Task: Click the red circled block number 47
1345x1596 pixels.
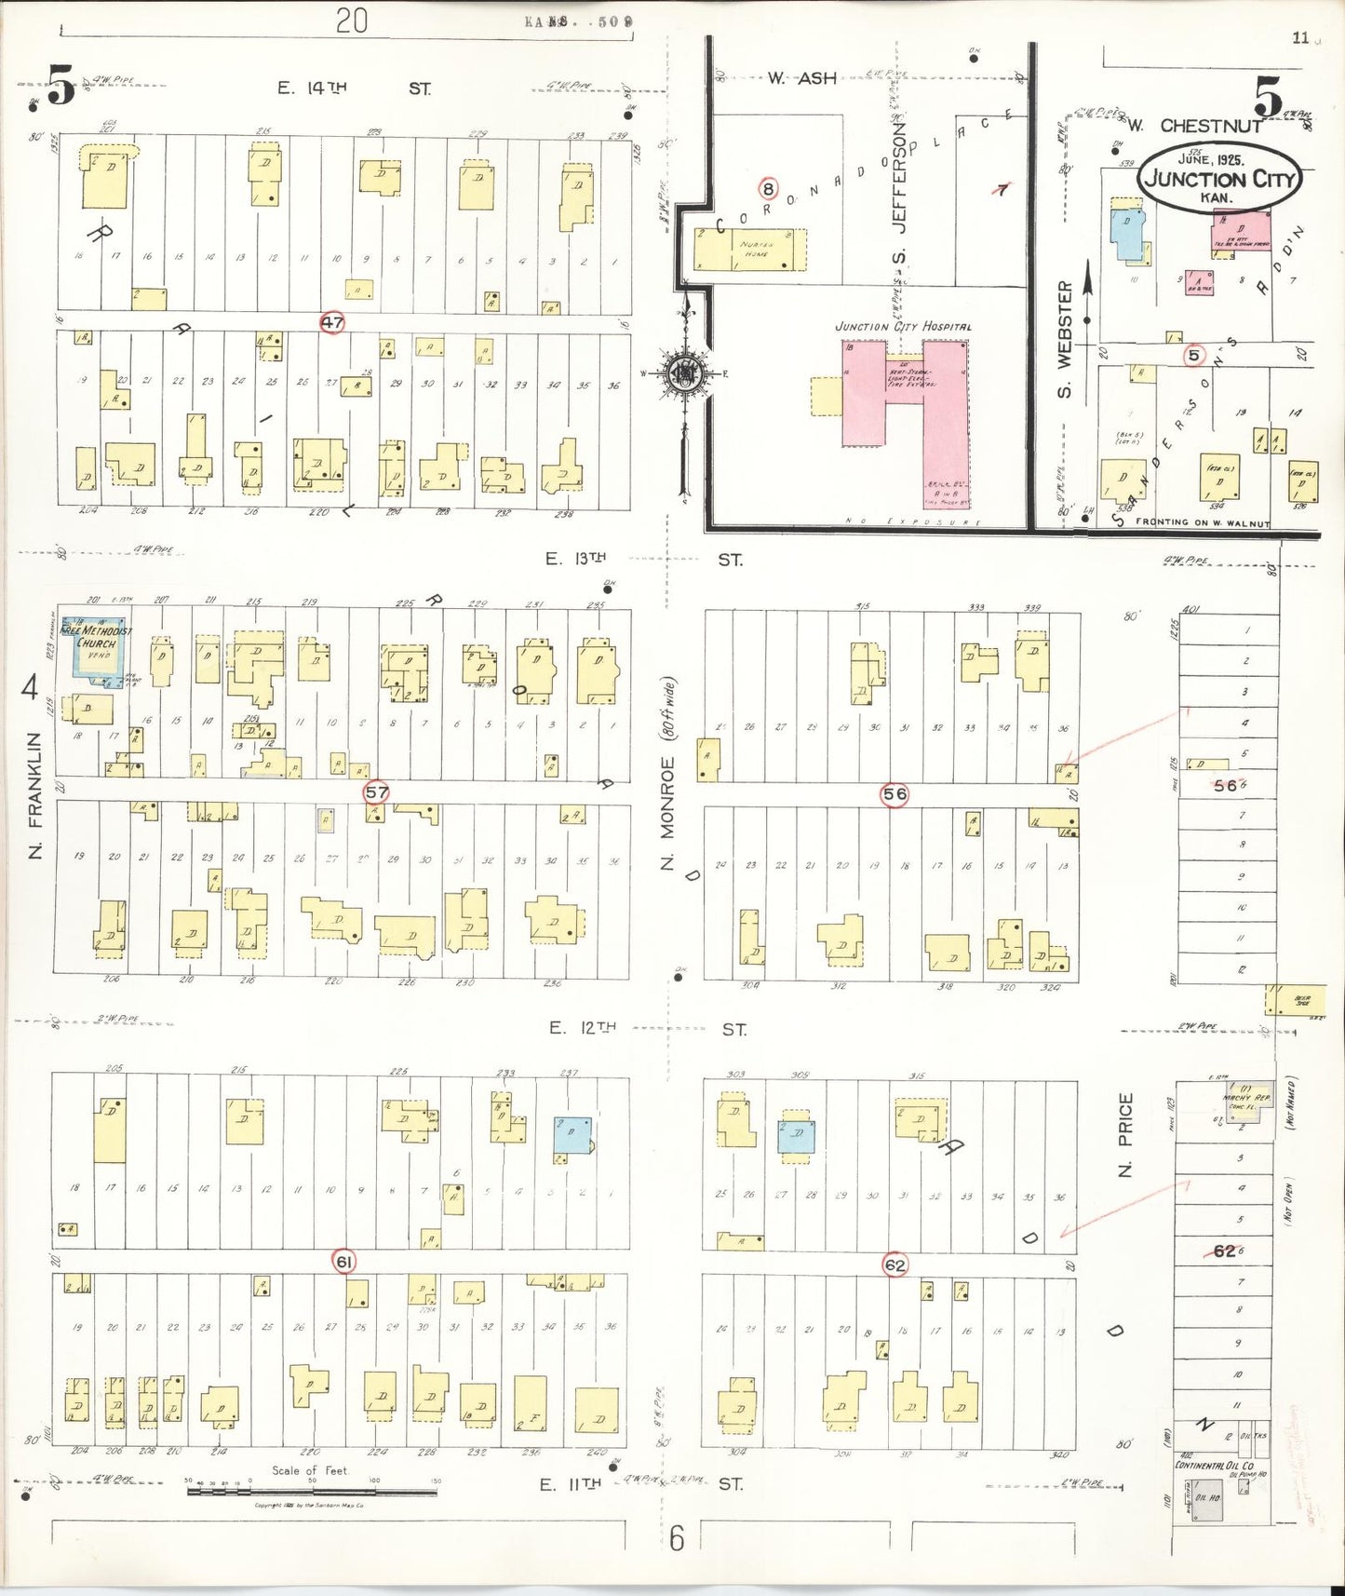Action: [x=332, y=323]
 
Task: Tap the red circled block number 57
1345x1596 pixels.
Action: [x=376, y=792]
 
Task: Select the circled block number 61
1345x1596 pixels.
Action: [x=344, y=1262]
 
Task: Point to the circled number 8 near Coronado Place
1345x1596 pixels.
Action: [x=768, y=189]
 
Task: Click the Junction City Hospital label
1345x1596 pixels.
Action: [x=902, y=327]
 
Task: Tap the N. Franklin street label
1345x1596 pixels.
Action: [x=34, y=794]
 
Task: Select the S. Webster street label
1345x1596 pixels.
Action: [x=1065, y=340]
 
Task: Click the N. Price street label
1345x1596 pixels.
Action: [x=1126, y=1134]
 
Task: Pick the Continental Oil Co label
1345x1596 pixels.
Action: [x=1214, y=1465]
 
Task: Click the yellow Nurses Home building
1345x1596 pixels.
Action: [x=749, y=250]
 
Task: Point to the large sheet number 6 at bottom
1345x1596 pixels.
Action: [x=677, y=1539]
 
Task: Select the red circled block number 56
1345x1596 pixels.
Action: [x=894, y=794]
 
